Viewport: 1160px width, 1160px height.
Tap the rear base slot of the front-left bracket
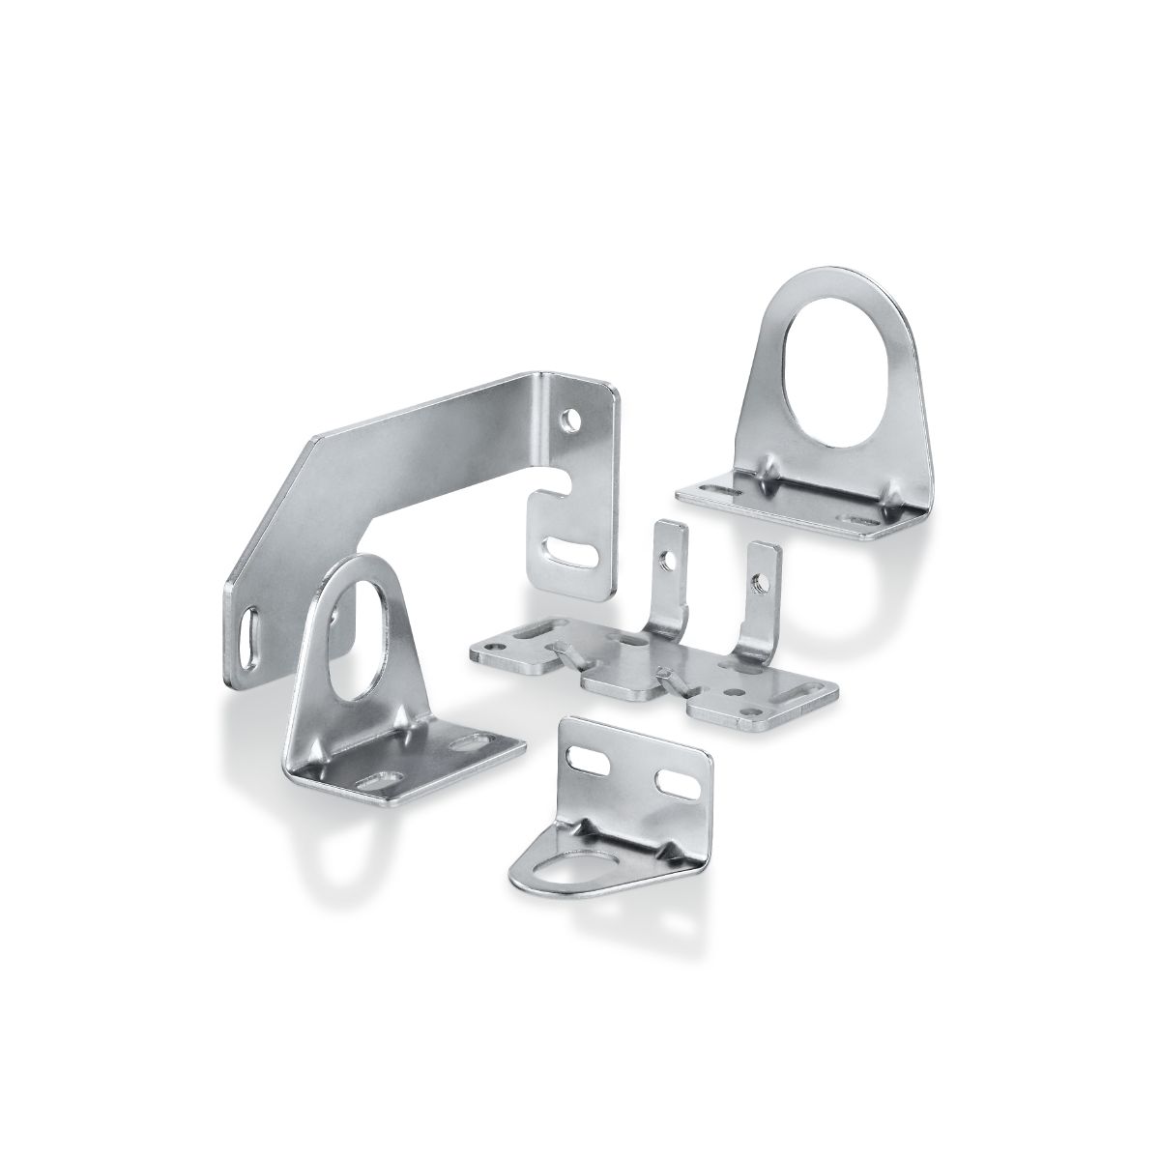coord(471,742)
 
